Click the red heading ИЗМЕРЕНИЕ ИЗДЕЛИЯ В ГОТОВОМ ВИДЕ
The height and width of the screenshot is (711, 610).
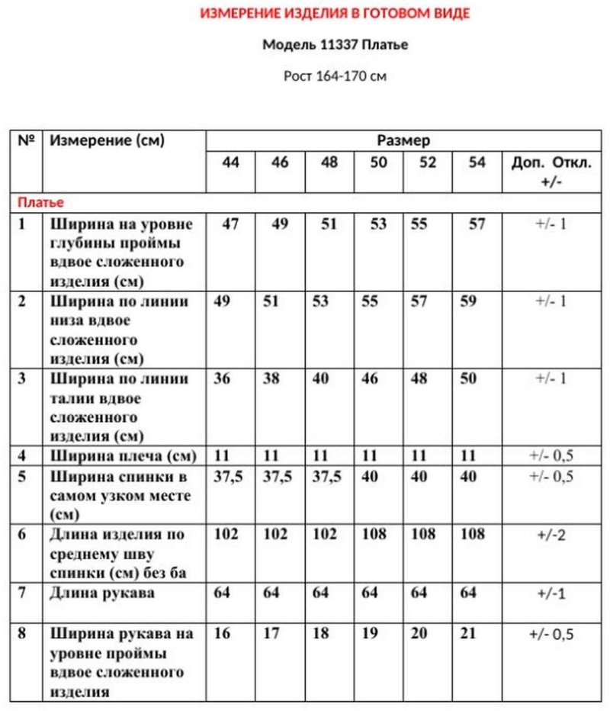335,14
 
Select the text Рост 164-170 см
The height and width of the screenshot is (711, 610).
335,76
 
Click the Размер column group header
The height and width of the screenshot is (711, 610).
403,140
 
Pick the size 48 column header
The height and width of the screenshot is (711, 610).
329,162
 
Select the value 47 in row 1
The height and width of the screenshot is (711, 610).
230,225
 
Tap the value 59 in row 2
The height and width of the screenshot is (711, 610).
469,301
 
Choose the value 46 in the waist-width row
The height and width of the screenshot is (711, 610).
370,379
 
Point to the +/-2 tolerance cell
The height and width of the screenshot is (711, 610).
551,535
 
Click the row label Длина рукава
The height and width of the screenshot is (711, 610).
102,593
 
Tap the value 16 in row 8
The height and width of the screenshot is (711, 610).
222,634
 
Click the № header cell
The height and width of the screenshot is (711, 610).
27,140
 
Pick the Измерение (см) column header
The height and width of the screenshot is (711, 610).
107,140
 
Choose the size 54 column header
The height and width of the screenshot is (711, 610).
477,162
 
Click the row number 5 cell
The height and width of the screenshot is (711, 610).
23,477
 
